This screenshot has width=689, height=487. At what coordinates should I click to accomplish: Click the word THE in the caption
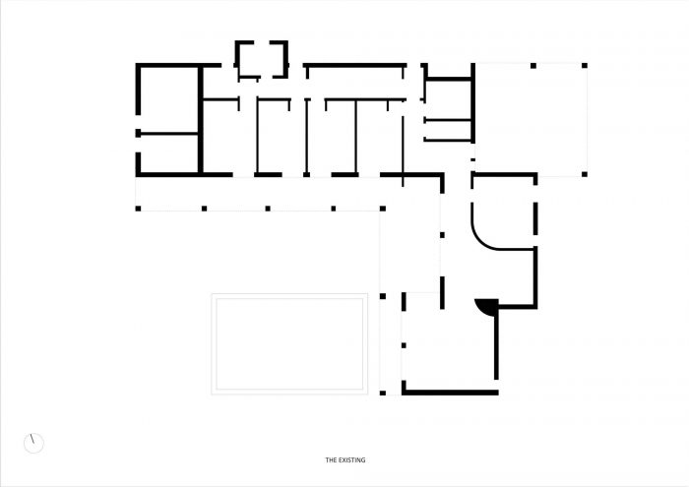330,460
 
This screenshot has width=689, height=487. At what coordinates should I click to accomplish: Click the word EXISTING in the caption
351,460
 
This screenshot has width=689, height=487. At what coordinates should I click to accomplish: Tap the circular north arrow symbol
33,444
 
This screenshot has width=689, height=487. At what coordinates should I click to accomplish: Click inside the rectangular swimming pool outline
289,343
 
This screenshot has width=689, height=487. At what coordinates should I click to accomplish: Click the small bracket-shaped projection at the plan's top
262,59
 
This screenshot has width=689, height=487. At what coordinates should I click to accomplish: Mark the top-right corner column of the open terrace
585,66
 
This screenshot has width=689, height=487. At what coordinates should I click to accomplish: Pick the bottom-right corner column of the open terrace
585,174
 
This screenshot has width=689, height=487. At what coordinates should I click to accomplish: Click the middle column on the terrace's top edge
533,66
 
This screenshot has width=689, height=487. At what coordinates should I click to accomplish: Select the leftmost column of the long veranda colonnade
138,209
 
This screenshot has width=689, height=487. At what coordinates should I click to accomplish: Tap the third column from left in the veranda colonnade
268,209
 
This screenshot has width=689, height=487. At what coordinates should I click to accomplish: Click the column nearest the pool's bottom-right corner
383,393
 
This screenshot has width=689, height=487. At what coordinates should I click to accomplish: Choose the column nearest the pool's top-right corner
383,296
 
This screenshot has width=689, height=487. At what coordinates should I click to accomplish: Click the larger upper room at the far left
169,99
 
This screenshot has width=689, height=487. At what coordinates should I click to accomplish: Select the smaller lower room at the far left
169,153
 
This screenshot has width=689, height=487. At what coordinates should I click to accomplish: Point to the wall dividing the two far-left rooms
169,133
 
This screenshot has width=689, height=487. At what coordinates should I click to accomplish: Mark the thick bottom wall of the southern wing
451,393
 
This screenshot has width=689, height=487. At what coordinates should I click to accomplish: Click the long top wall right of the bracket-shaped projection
355,65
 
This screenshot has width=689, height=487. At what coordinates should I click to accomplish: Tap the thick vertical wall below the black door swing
496,343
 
